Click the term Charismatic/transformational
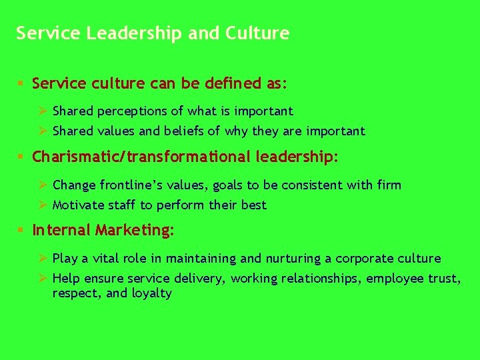(x=141, y=157)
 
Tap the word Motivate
(x=77, y=205)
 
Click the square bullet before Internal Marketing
(x=21, y=231)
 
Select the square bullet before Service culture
(x=21, y=84)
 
